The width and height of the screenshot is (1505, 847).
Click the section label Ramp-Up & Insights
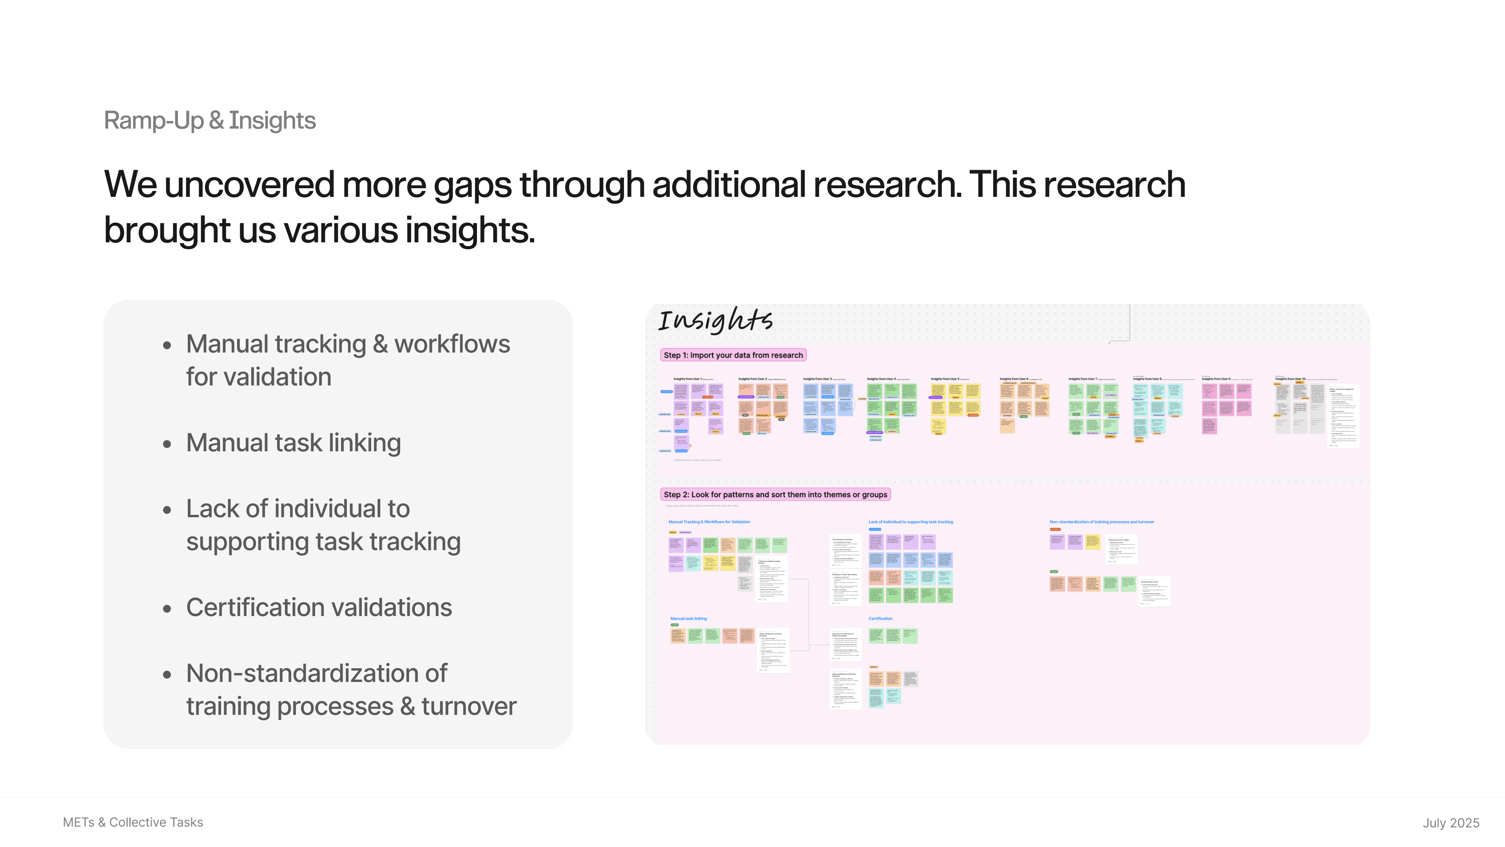(210, 120)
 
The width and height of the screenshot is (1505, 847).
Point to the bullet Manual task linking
(293, 443)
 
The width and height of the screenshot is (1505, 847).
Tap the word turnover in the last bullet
(469, 707)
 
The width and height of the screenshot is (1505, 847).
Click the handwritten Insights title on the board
(715, 320)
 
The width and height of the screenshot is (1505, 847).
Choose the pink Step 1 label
(733, 355)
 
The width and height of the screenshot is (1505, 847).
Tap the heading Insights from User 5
(945, 379)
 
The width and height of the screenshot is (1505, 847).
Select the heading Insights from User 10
(1290, 379)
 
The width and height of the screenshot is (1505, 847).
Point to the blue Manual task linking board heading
(688, 618)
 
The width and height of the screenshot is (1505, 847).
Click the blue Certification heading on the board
(880, 618)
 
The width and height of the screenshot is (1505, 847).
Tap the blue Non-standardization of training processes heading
(1101, 522)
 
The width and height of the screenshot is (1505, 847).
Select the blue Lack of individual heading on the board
(910, 522)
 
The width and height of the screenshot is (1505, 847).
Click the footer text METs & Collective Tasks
(133, 822)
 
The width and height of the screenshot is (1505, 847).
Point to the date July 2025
(1451, 823)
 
